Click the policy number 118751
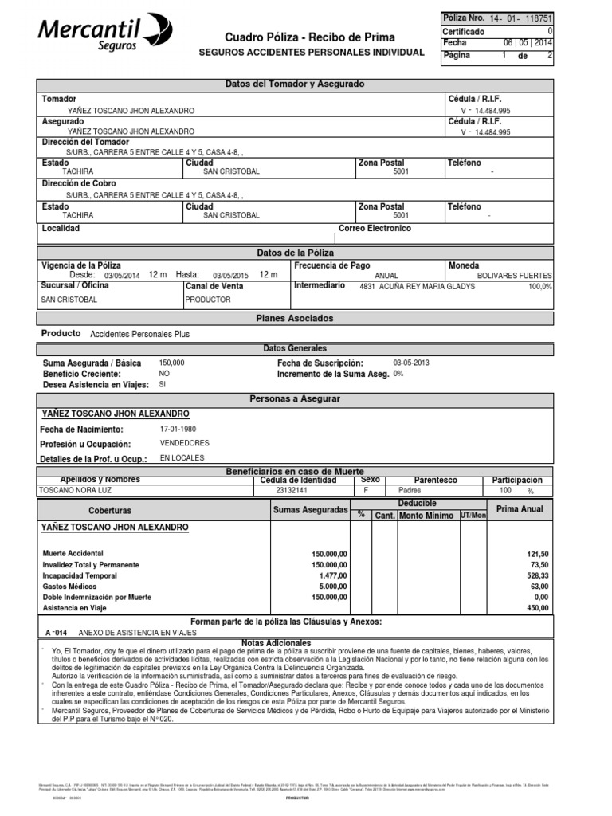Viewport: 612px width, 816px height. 557,18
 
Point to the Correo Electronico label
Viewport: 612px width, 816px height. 375,229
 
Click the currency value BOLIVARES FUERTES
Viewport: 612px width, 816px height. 514,275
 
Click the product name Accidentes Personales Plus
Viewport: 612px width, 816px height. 140,335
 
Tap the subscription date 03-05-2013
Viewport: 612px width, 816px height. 411,362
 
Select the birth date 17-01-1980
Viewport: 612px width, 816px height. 177,430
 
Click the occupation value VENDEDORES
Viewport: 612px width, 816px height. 184,443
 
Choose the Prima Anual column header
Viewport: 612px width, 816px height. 520,508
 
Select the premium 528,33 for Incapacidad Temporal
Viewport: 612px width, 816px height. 534,575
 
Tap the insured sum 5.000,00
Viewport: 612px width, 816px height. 329,586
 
